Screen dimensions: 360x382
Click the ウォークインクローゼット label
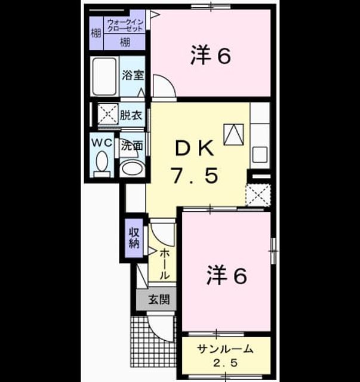coord(125,25)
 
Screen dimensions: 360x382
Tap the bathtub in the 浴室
coord(104,76)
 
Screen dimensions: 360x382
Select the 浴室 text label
coord(133,75)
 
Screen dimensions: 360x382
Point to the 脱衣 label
coord(131,115)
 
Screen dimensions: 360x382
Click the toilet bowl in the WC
coord(102,161)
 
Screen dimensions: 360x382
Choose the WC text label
coord(101,143)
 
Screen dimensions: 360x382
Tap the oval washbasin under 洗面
coord(132,168)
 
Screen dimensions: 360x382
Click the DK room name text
coord(195,148)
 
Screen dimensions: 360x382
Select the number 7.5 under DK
coord(195,175)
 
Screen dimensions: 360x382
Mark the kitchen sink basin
coord(260,155)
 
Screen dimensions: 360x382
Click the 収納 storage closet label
coord(134,238)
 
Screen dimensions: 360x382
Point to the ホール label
coord(164,264)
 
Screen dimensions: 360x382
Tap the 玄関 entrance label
coord(159,300)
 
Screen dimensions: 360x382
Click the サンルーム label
coord(225,349)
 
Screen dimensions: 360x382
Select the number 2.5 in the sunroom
coord(226,363)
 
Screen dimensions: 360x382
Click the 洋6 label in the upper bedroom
coord(211,56)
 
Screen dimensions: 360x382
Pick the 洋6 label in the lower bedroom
coord(227,276)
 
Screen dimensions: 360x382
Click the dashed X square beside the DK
coord(258,195)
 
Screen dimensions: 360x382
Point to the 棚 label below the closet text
coord(125,42)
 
